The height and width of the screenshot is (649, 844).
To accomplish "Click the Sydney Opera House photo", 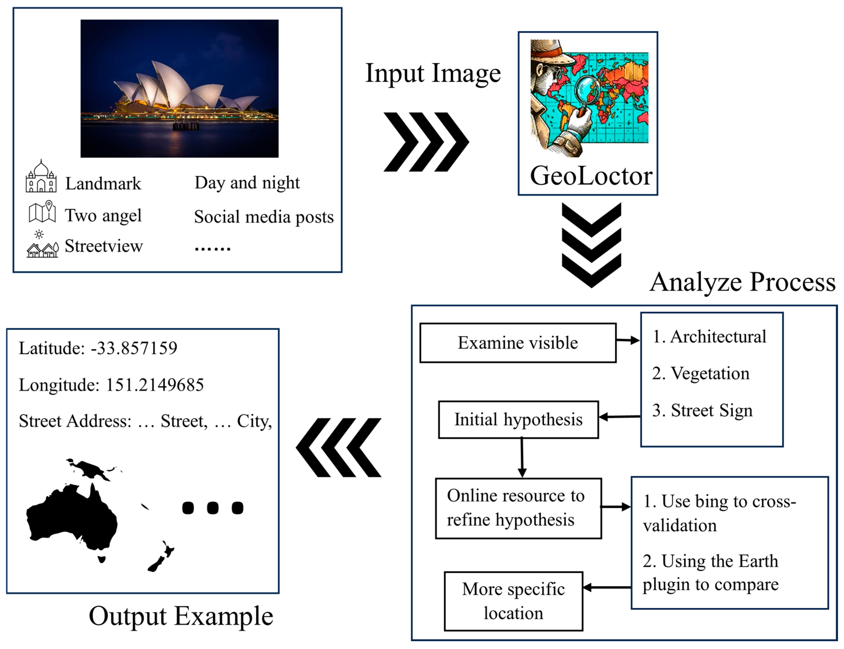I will pos(179,89).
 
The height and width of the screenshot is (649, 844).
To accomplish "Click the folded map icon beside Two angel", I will pos(42,212).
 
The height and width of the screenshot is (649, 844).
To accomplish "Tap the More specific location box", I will pos(513,601).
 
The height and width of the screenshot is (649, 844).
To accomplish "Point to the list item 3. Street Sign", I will pos(702,410).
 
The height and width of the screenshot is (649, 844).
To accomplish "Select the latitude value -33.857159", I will pos(134,348).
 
